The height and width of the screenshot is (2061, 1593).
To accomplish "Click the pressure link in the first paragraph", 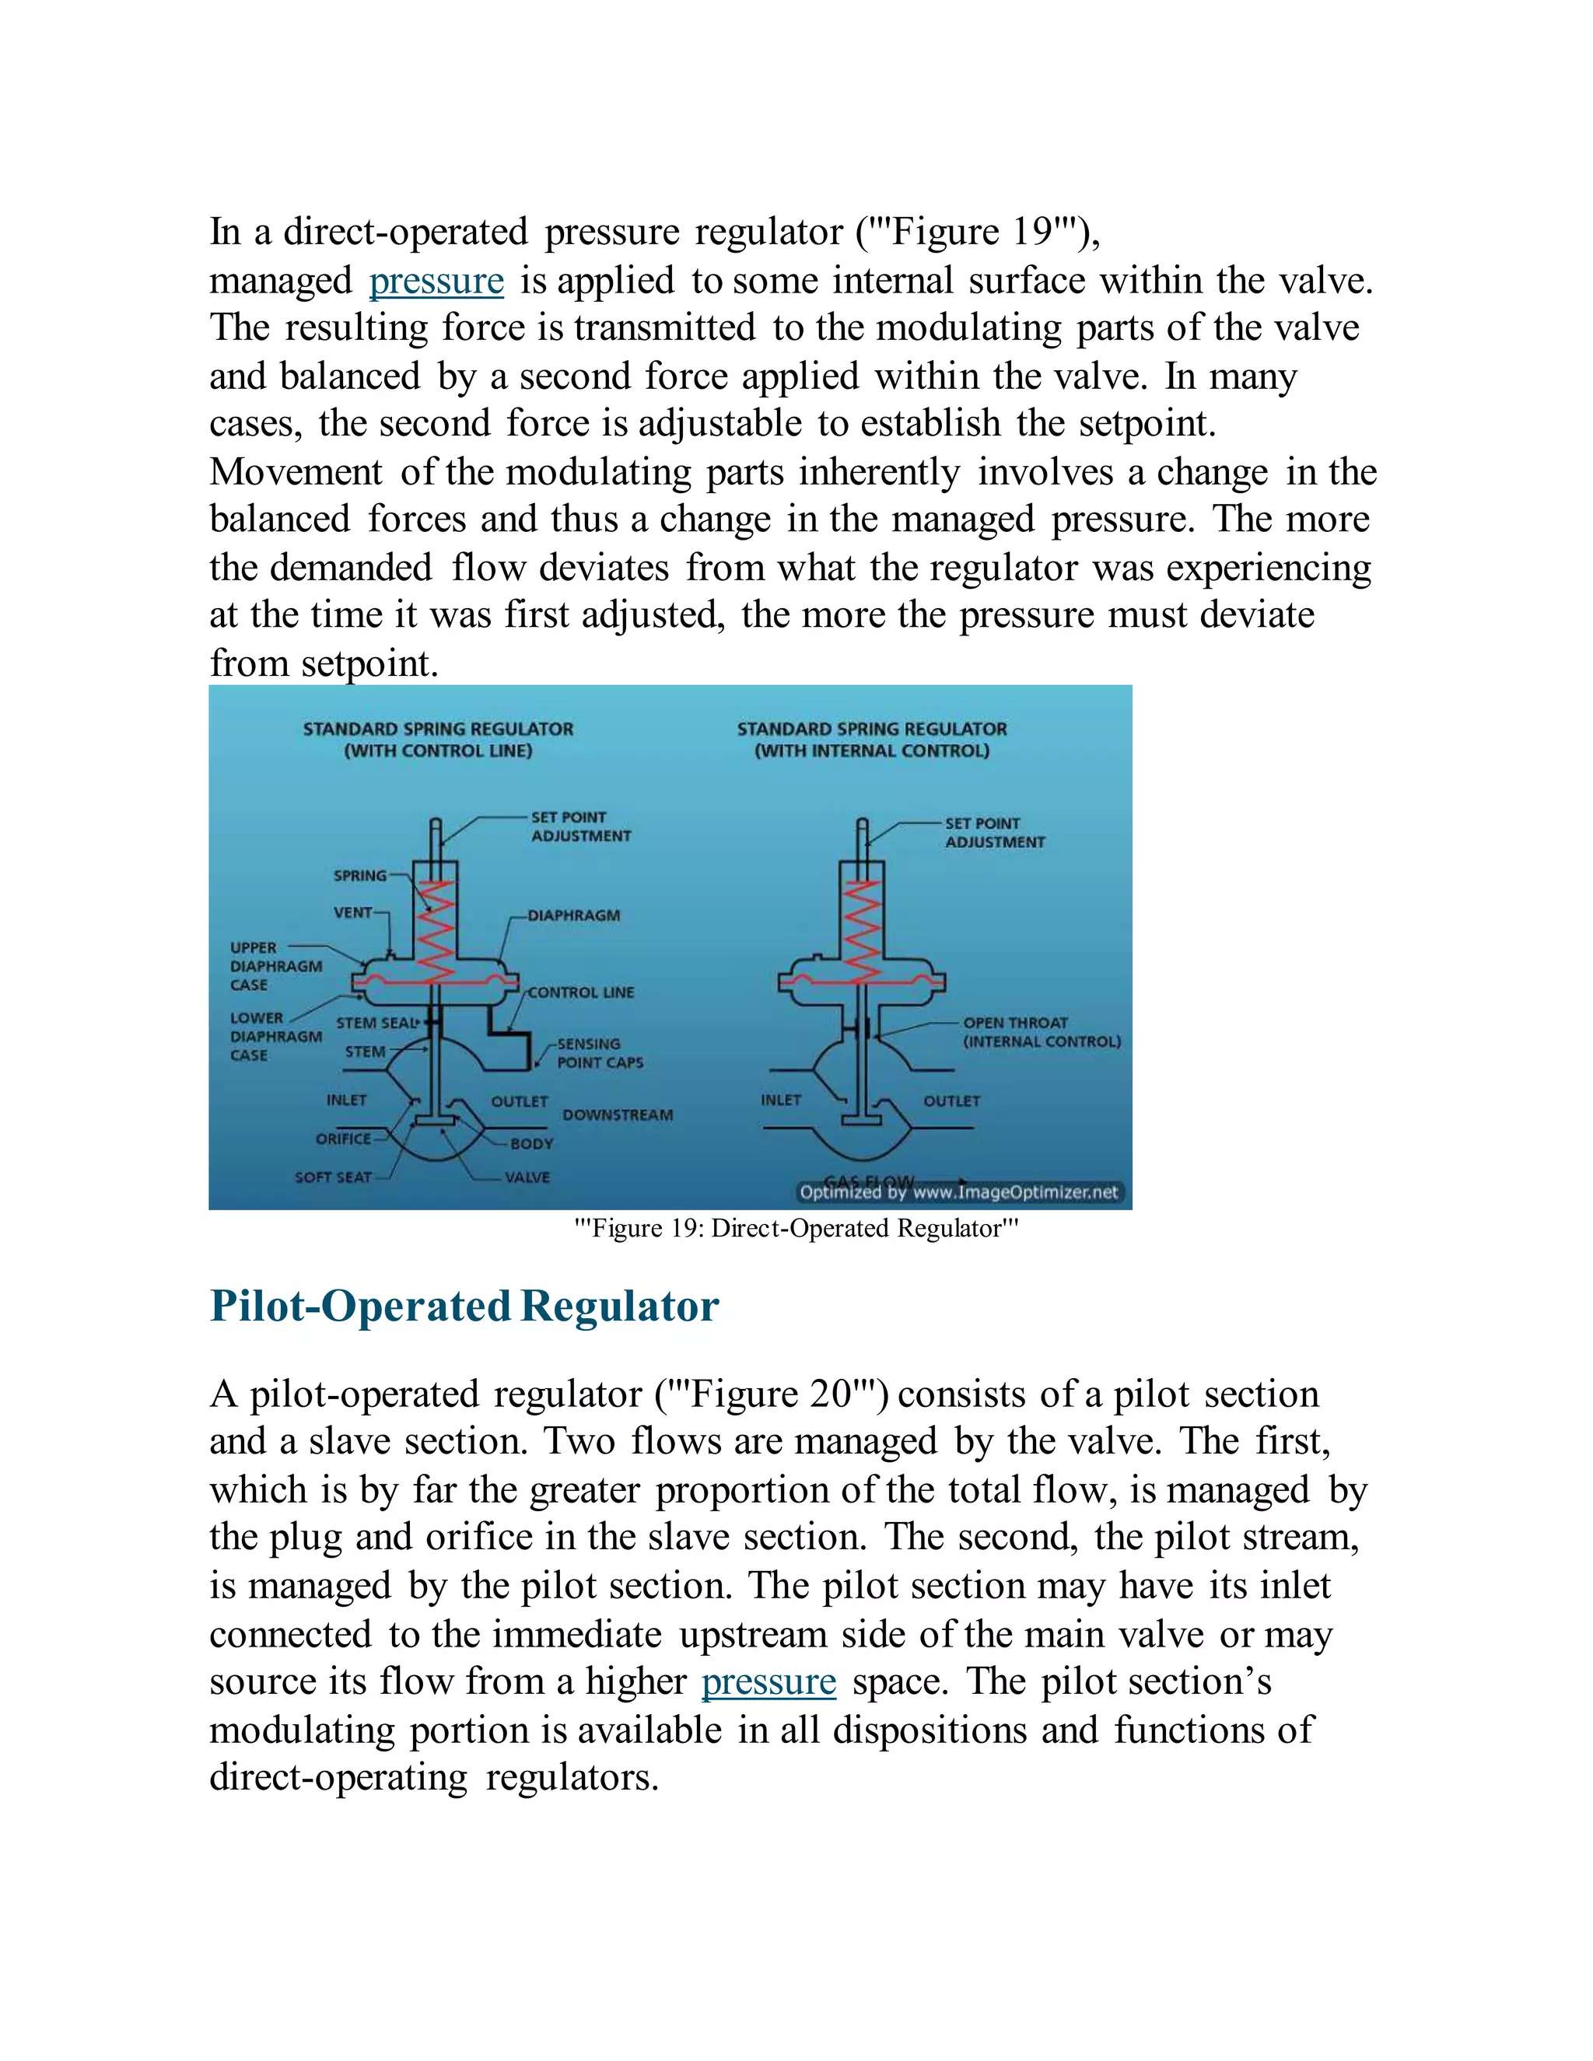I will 436,282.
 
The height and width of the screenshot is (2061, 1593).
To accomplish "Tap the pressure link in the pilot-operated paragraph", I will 768,1681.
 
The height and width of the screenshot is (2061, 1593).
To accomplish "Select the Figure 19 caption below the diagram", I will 796,1229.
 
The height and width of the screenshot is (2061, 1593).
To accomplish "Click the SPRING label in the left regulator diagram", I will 359,876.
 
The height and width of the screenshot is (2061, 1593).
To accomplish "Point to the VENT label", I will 352,912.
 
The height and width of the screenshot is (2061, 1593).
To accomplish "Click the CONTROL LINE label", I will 580,992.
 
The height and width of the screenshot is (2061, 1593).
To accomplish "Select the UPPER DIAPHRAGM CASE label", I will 275,966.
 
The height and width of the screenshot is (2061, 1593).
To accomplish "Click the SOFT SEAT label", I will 332,1177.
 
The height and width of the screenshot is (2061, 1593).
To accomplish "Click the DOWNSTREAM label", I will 617,1115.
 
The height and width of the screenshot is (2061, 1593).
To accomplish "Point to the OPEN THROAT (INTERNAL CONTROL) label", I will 1041,1032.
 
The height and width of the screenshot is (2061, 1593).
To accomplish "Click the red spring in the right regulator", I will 863,929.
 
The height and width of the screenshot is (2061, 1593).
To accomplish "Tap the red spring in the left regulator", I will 436,929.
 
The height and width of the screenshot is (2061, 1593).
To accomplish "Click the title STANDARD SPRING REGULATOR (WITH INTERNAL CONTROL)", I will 871,740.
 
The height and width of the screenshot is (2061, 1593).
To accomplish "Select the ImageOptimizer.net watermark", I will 958,1193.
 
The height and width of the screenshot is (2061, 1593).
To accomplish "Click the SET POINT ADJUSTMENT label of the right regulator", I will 994,832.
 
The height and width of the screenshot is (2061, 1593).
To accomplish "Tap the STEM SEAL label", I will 375,1023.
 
